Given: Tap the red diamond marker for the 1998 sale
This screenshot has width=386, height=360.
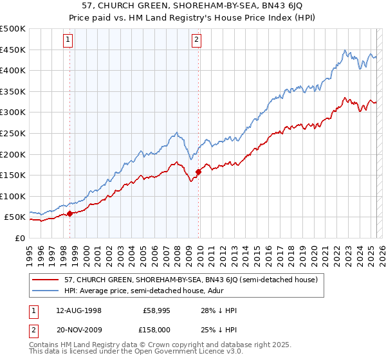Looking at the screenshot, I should click(69, 213).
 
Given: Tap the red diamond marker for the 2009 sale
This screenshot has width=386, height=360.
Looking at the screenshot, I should click(198, 171).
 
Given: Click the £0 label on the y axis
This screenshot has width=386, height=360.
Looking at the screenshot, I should click(20, 239).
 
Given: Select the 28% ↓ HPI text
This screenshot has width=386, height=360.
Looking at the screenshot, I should click(219, 310).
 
